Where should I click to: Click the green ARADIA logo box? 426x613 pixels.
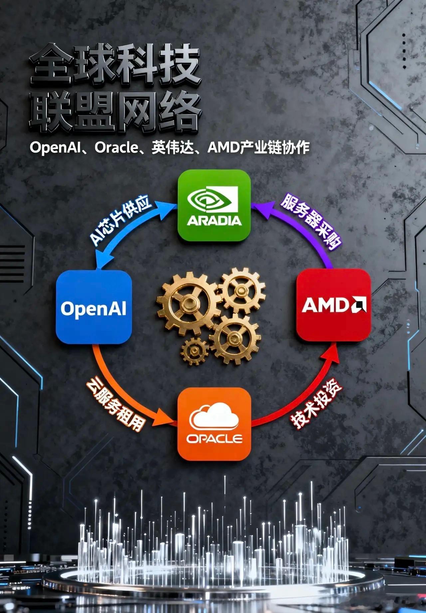[x=214, y=205]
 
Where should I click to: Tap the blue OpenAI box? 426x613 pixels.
[x=94, y=307]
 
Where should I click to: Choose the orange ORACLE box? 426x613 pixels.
[x=214, y=424]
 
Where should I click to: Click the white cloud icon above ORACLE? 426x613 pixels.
[x=214, y=416]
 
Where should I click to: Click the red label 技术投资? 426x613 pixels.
[x=316, y=407]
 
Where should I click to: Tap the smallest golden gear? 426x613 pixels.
[x=194, y=351]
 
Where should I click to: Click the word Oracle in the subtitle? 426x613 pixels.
[x=116, y=148]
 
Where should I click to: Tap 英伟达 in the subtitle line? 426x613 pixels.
[x=173, y=148]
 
